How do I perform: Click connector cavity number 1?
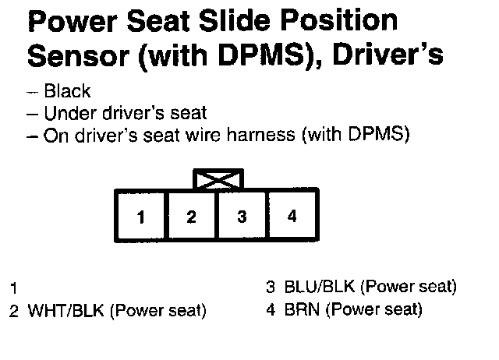[141, 217]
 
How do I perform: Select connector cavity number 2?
[192, 217]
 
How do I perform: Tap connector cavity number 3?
[242, 217]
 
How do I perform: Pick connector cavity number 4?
[292, 216]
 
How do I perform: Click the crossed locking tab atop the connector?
[218, 180]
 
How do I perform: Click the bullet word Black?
[68, 92]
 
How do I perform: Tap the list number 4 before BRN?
[271, 309]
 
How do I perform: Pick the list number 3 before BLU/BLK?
[271, 287]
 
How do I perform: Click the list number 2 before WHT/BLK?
[13, 311]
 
